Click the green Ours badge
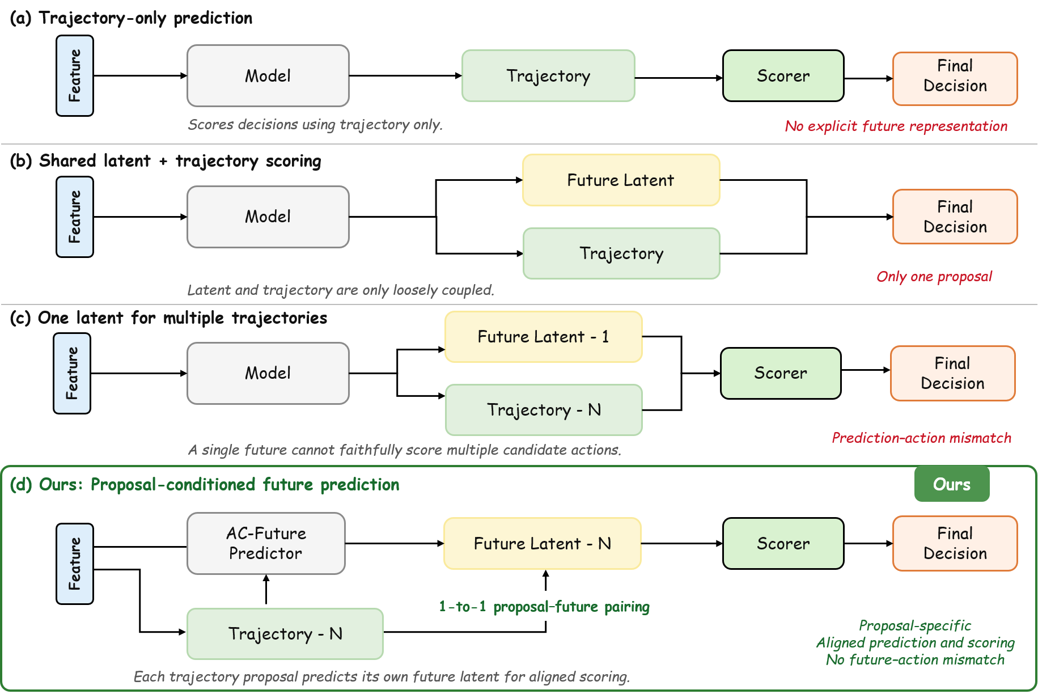pos(952,484)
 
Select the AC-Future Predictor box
pos(266,543)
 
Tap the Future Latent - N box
pos(543,543)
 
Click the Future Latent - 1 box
pos(544,337)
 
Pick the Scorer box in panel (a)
pos(783,76)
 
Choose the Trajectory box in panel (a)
pos(548,76)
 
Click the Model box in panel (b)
pos(268,217)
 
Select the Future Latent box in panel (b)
pos(621,180)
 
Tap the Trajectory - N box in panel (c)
pos(544,410)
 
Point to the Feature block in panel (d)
pos(75,564)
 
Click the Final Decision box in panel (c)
pos(953,373)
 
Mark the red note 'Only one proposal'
pos(934,277)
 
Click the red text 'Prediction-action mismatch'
pos(921,438)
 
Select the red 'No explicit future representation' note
pos(896,126)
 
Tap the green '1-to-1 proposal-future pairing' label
pos(544,607)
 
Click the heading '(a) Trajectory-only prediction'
pos(131,18)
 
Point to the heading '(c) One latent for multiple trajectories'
pos(168,318)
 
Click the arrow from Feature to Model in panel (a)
pos(141,75)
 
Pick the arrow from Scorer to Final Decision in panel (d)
pos(868,543)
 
